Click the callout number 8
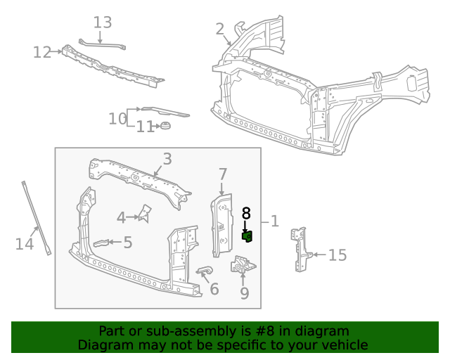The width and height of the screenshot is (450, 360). coord(246,213)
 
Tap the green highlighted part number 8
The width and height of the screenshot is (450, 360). coord(247,236)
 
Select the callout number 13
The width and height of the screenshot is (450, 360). coord(103,22)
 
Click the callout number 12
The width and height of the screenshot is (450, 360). coord(42,52)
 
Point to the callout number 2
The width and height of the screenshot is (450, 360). coord(220,29)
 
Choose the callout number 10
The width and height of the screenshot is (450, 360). coord(117,118)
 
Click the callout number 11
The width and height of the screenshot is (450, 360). coord(145,127)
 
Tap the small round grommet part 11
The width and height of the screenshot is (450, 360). coord(166,126)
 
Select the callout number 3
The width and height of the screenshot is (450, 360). coord(167,159)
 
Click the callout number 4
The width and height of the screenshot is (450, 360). coord(121,218)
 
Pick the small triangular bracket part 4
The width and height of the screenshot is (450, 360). coord(146,213)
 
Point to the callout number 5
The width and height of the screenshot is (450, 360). coord(127,243)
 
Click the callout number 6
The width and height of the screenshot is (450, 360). coord(214,288)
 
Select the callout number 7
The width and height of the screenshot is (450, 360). coord(222,174)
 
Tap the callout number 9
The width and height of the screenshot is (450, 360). coord(244,292)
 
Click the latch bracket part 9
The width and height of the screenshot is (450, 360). coord(243,266)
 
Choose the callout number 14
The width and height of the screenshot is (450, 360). coord(24,244)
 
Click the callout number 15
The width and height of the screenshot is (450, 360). coord(337,255)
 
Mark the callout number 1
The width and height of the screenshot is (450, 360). coord(274,221)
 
